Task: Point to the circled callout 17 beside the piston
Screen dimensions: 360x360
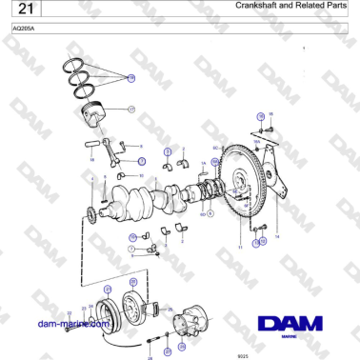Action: [131, 110]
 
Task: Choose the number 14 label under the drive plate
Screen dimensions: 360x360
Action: [276, 234]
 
